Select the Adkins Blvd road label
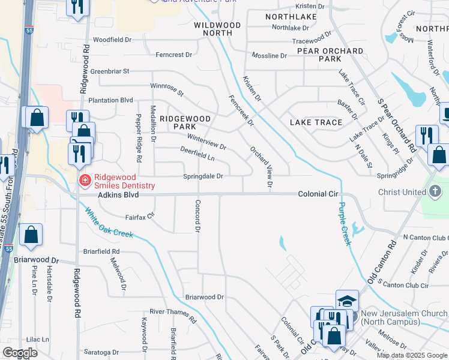point(118,195)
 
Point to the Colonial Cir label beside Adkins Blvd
point(319,194)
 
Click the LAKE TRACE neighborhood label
point(316,122)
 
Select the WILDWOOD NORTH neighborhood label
point(217,29)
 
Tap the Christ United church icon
point(436,193)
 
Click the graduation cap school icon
point(347,302)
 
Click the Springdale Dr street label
point(203,176)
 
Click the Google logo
point(20,353)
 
